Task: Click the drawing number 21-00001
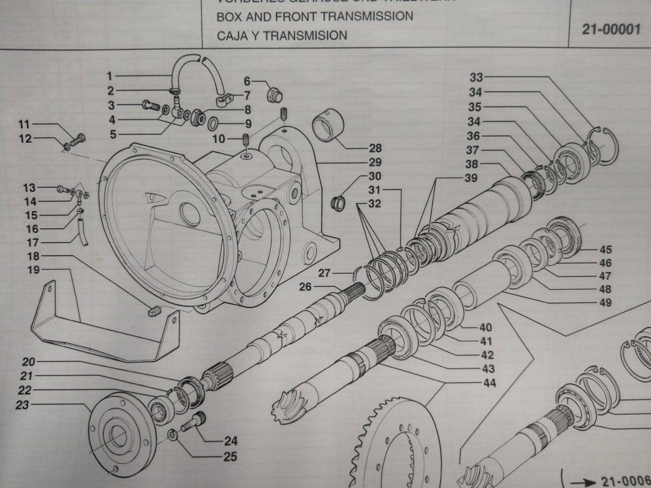pyautogui.click(x=611, y=29)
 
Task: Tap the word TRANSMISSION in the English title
pyautogui.click(x=366, y=16)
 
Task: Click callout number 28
pyautogui.click(x=375, y=148)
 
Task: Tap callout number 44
pyautogui.click(x=490, y=383)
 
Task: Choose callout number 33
pyautogui.click(x=476, y=78)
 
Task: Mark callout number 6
pyautogui.click(x=247, y=81)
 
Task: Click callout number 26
pyautogui.click(x=305, y=286)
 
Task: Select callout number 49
pyautogui.click(x=605, y=303)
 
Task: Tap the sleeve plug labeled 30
pyautogui.click(x=339, y=204)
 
